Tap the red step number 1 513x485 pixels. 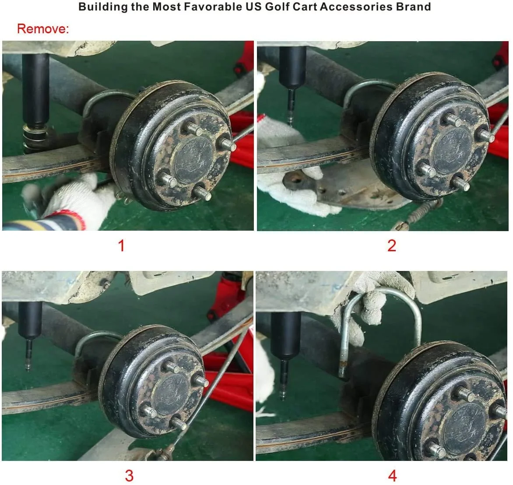point(121,246)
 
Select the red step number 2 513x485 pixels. point(392,246)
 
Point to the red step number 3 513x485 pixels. point(129,475)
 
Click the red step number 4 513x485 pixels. point(392,475)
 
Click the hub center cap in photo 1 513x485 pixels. point(193,160)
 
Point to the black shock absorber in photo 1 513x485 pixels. point(35,91)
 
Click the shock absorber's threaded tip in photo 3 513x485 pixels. point(28,355)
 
